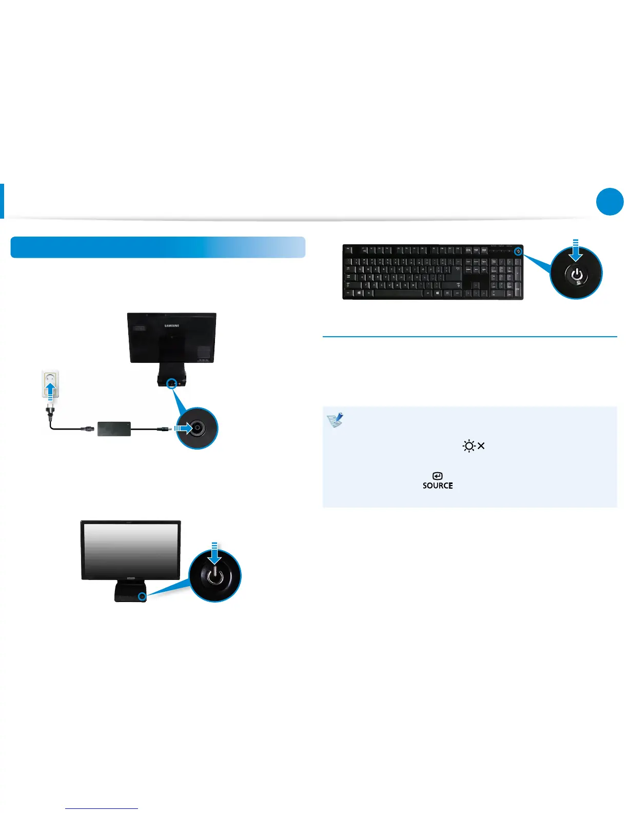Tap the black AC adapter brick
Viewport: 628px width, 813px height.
tap(114, 429)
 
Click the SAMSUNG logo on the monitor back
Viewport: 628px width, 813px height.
tap(172, 325)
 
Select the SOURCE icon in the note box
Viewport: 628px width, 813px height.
tap(438, 481)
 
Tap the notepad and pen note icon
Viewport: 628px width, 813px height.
tap(335, 420)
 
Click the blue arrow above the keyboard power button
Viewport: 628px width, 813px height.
tap(576, 250)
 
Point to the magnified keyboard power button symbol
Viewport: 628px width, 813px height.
tap(576, 274)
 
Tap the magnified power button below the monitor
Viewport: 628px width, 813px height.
tap(214, 576)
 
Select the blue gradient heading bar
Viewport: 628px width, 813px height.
tap(158, 247)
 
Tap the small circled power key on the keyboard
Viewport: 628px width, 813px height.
tap(518, 251)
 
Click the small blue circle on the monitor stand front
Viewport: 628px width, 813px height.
tap(142, 595)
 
